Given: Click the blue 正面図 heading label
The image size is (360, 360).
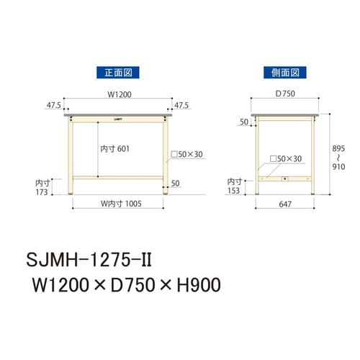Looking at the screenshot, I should pos(117,72).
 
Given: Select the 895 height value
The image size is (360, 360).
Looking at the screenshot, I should pos(338,146).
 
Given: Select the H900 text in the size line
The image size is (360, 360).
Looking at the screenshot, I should pos(194,284).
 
